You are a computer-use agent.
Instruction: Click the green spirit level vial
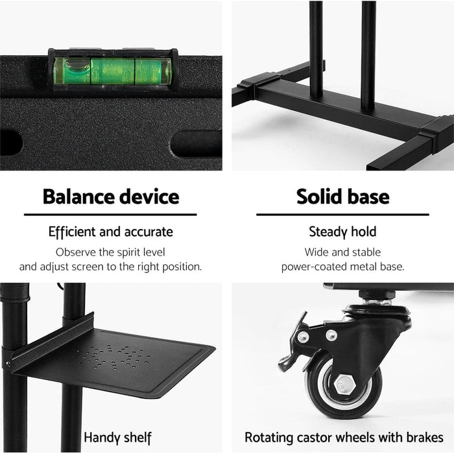112,71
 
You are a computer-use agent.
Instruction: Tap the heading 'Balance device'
110,197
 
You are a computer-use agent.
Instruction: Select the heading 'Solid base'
342,197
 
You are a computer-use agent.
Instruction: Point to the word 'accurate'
149,232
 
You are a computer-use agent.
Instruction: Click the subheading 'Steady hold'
342,232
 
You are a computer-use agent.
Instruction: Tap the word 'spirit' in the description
130,252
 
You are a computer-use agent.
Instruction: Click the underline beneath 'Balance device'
110,215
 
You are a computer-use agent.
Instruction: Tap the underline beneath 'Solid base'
342,215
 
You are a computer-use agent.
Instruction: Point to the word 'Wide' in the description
317,252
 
